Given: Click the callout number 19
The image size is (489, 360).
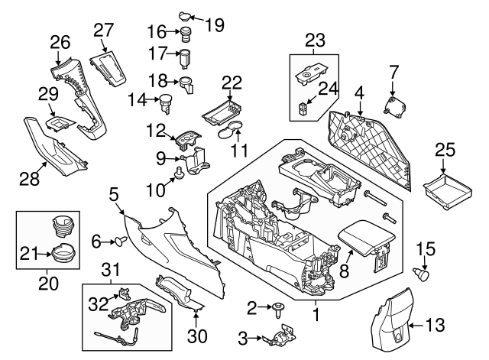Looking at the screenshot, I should click(215, 24).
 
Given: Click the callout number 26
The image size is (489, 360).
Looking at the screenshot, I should click(59, 41).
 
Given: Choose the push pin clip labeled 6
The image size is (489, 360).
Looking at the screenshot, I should click(119, 242).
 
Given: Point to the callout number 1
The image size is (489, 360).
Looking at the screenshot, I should click(316, 313).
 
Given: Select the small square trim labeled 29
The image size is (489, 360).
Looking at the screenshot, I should click(59, 120).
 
